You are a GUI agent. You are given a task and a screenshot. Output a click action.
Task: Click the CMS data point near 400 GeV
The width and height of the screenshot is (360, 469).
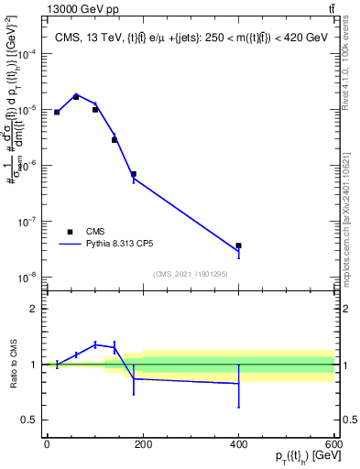pyautogui.click(x=238, y=245)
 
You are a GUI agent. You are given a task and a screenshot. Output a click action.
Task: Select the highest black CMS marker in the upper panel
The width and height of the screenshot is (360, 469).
pyautogui.click(x=76, y=96)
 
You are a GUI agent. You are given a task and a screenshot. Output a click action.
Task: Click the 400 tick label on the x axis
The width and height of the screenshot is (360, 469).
pyautogui.click(x=238, y=442)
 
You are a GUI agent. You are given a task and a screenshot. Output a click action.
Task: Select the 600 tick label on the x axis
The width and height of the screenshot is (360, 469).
pyautogui.click(x=333, y=442)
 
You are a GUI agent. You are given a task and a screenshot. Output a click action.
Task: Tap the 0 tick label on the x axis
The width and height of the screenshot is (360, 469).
pyautogui.click(x=47, y=442)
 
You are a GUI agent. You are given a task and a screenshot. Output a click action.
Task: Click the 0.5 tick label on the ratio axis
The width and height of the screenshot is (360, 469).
pyautogui.click(x=31, y=420)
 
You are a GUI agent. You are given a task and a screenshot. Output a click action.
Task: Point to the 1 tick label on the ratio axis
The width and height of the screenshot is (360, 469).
pyautogui.click(x=35, y=365)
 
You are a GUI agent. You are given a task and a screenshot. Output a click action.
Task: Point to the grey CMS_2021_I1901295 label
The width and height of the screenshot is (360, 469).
pyautogui.click(x=190, y=273)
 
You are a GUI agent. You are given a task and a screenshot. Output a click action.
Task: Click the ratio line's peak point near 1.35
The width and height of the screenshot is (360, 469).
pyautogui.click(x=95, y=344)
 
